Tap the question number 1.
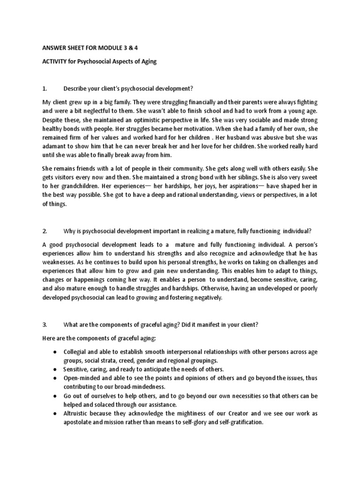click(45, 89)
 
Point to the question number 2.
click(45, 231)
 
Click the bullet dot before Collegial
click(56, 352)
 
